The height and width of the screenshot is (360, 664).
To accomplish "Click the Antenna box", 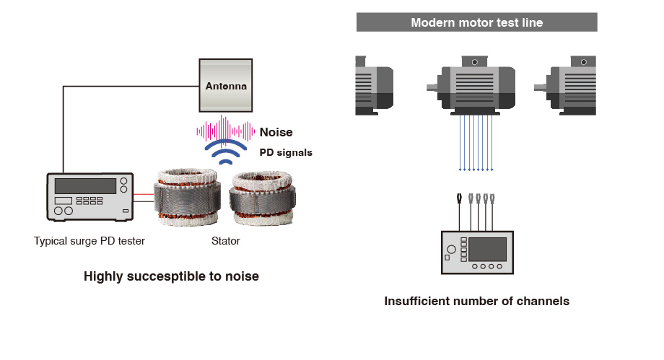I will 226,86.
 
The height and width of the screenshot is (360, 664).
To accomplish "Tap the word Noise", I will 276,132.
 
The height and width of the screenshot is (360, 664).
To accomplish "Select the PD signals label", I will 286,153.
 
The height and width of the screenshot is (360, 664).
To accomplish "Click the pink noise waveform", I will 226,131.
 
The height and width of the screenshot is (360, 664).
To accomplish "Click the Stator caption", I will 225,242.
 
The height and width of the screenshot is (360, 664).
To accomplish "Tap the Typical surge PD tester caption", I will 89,242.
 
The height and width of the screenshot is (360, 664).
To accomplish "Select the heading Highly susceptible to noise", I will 171,276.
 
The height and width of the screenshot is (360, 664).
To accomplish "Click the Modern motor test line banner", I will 476,22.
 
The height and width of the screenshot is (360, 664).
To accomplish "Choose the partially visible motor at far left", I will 375,85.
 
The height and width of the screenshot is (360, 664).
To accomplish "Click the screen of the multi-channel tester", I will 487,249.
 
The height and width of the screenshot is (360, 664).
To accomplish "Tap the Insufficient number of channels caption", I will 476,302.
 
